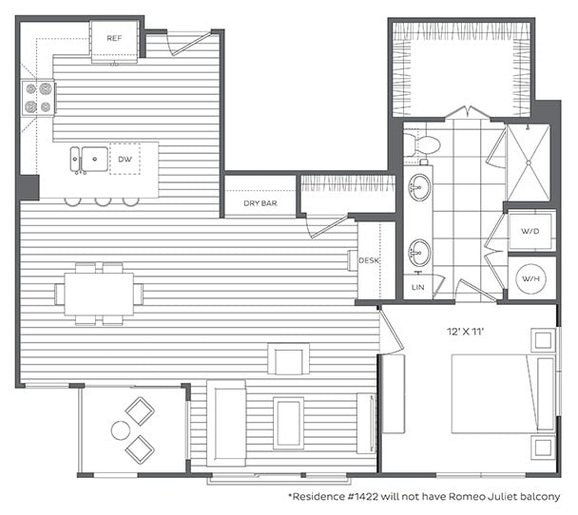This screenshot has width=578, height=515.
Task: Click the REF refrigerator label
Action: pyautogui.click(x=114, y=38)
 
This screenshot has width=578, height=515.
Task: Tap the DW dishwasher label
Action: pyautogui.click(x=125, y=159)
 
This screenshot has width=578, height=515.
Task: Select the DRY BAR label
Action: pyautogui.click(x=260, y=203)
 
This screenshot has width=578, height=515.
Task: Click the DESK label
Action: pyautogui.click(x=370, y=258)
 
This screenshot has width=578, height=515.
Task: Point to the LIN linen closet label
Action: pyautogui.click(x=419, y=286)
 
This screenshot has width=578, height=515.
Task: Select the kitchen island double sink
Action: pyautogui.click(x=87, y=159)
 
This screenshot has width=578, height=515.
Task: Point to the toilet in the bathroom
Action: pyautogui.click(x=423, y=145)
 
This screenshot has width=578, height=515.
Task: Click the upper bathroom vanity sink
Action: pyautogui.click(x=419, y=187)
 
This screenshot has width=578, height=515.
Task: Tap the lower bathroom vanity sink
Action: pyautogui.click(x=419, y=253)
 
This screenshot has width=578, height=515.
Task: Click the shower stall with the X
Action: pyautogui.click(x=528, y=162)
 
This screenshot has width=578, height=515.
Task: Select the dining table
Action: pyautogui.click(x=99, y=295)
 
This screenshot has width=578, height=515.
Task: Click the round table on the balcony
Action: pyautogui.click(x=120, y=430)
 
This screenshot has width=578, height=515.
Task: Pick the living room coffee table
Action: pyautogui.click(x=289, y=421)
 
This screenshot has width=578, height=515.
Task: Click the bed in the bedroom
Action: pyautogui.click(x=494, y=393)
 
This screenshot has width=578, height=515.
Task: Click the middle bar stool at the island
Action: pyautogui.click(x=105, y=200)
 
